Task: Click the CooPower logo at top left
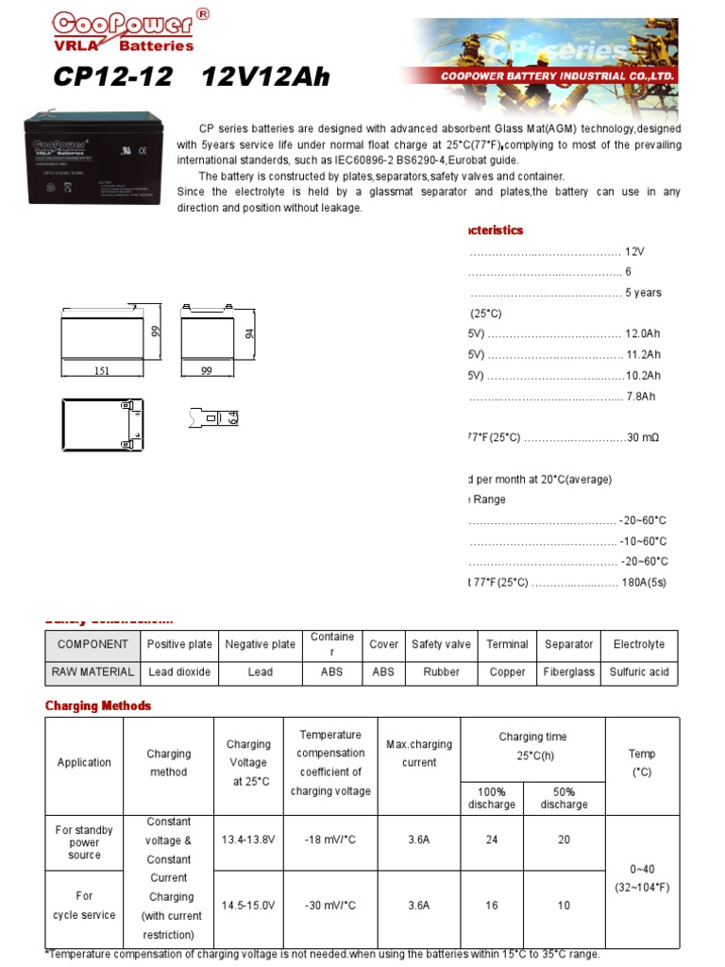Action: coord(123,30)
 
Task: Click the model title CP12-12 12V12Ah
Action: coord(192,77)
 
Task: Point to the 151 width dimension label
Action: coord(102,371)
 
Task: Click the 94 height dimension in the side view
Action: coord(250,334)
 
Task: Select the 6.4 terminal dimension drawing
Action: coord(215,416)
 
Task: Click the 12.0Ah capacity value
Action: coord(642,334)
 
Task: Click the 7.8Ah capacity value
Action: coord(640,397)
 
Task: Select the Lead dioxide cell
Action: coord(178,672)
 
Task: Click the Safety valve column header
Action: coord(441,645)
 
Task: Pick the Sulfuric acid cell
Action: coord(638,672)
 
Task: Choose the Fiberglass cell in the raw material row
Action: coord(568,672)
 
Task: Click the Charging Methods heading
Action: coord(98,706)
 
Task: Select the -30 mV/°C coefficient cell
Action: coord(330,906)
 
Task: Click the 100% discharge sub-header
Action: coord(492,798)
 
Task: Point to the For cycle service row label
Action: coord(84,906)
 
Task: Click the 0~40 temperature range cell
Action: coord(641,878)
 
